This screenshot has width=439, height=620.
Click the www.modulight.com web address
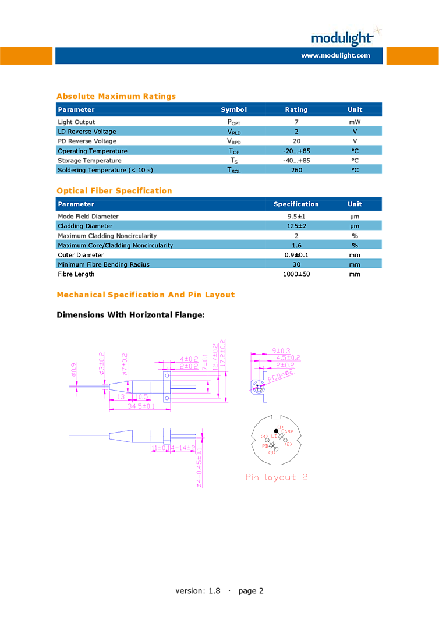tap(335, 56)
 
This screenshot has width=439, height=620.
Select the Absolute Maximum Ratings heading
tap(116, 97)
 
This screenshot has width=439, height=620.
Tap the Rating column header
tap(296, 109)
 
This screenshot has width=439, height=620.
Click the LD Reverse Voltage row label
tap(87, 132)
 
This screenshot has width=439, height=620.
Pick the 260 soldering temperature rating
tap(296, 170)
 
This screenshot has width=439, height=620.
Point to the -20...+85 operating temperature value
tap(296, 151)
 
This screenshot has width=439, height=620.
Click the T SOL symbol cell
tap(233, 170)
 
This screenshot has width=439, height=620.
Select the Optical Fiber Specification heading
tap(114, 191)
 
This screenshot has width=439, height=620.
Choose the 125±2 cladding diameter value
tap(296, 226)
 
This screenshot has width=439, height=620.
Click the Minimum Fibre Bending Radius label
tap(104, 264)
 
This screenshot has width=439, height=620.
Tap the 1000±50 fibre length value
tap(296, 274)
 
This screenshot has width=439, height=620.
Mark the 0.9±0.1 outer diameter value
tap(296, 255)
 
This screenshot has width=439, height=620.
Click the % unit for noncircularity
tap(355, 245)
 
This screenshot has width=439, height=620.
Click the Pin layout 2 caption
tap(277, 477)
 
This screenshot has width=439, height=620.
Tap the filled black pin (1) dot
tap(276, 431)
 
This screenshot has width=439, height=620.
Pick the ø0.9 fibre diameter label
tap(74, 369)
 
